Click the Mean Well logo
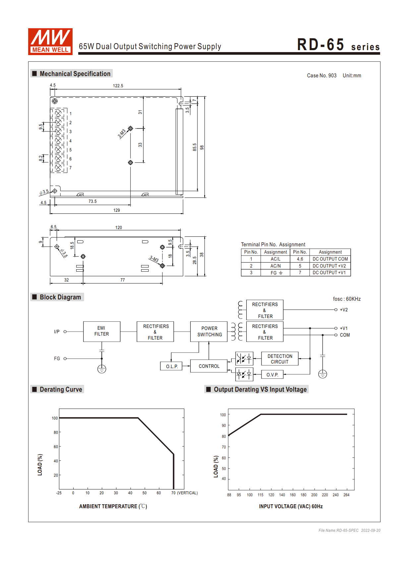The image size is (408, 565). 50,41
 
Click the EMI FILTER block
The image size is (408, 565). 101,331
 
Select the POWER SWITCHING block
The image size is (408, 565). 209,331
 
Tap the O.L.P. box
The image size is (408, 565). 172,366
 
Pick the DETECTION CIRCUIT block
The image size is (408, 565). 280,359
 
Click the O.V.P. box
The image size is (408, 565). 272,375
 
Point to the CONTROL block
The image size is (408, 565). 209,366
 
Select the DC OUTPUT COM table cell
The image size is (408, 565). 330,259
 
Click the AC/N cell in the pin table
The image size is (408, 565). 275,266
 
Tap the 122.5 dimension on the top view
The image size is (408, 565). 118,86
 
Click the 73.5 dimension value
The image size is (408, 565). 92,201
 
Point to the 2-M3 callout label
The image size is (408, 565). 122,133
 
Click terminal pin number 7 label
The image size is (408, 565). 71,168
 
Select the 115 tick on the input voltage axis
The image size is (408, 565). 261,495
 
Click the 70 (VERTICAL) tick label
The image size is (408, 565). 184,493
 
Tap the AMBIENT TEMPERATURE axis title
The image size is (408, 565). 113,506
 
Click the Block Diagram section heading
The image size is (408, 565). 60,297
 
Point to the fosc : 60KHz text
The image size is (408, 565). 347,299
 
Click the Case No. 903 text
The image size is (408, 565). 321,76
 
